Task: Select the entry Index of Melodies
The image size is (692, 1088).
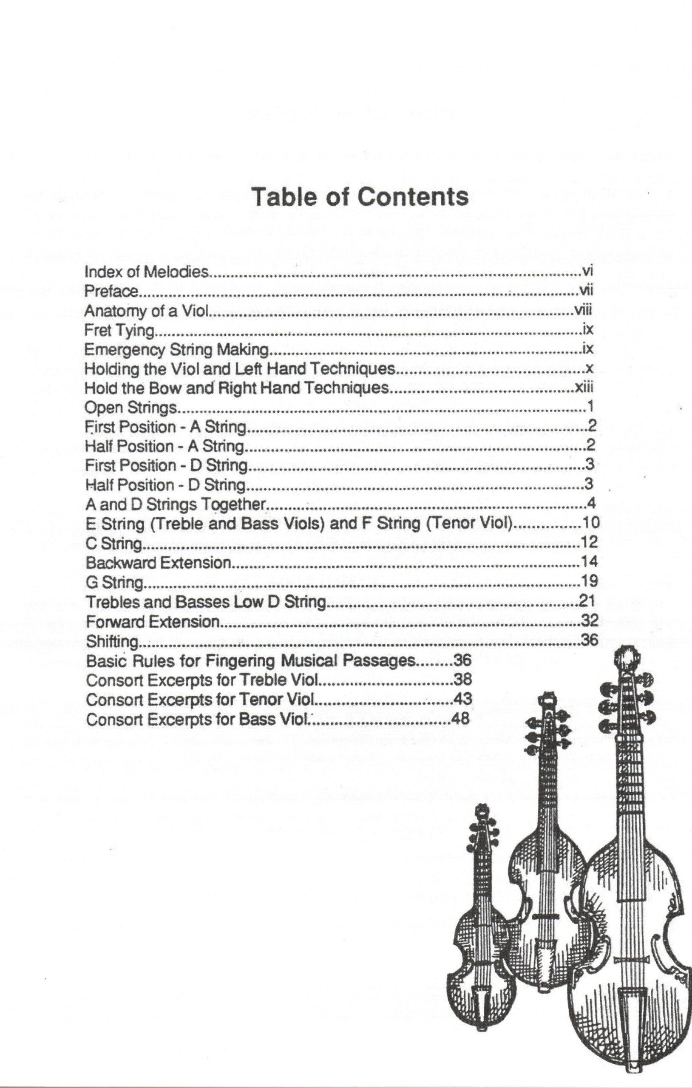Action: [x=147, y=272]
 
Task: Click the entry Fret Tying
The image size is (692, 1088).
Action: [x=119, y=330]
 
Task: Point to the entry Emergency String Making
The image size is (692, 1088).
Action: [x=177, y=350]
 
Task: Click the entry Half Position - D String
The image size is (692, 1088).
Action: [x=165, y=485]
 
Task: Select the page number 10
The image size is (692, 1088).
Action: [x=591, y=523]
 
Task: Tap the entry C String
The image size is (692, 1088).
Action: [x=114, y=543]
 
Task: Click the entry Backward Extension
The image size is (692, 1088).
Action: [x=159, y=563]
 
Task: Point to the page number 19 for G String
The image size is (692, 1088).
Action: [x=589, y=581]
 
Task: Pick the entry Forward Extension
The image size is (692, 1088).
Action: [x=153, y=622]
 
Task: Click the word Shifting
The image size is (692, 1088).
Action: [x=111, y=641]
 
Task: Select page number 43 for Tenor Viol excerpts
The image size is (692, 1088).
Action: [x=462, y=699]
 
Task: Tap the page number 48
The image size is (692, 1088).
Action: [x=461, y=718]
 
